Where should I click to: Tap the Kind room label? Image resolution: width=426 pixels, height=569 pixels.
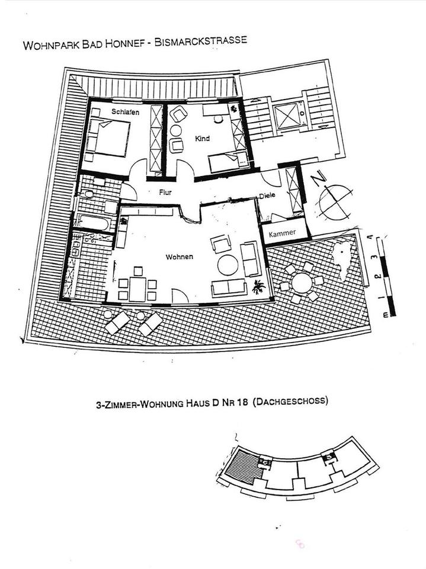pos(203,138)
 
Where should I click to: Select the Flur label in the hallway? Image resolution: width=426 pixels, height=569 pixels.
pos(165,192)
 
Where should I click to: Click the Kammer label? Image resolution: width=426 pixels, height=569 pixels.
pos(282,234)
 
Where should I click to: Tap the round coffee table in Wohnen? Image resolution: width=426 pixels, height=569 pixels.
pos(227,265)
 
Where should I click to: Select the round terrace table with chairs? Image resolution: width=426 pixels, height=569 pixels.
pos(302,282)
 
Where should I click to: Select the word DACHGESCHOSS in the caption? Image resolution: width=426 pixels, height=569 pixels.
pos(290,401)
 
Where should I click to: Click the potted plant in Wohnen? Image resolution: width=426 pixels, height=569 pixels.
pos(258,288)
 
